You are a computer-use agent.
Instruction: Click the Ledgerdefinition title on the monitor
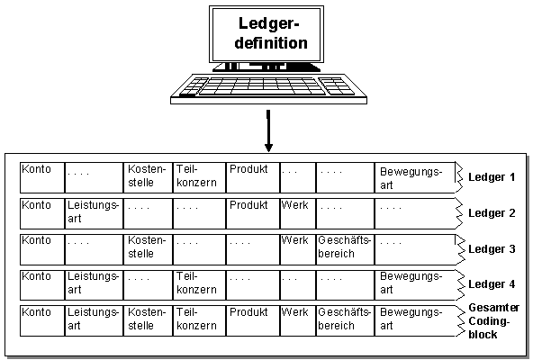tap(271, 33)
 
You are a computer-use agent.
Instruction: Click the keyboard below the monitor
tap(268, 89)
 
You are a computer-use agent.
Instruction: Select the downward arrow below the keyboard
tap(268, 130)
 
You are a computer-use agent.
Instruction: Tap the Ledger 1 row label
tap(492, 177)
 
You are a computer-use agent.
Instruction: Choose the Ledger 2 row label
tap(492, 213)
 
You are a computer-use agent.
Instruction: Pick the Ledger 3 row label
tap(492, 249)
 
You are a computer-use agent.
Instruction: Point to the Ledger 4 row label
tap(492, 284)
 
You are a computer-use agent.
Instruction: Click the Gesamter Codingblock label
tap(493, 321)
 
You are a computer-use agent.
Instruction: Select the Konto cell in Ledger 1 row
tap(42, 178)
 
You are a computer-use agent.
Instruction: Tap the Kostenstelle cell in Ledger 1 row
tap(148, 178)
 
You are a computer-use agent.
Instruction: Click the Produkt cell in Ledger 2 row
tap(253, 214)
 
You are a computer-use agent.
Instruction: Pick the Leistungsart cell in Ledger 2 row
tap(94, 214)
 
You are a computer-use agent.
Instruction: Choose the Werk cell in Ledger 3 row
tap(298, 249)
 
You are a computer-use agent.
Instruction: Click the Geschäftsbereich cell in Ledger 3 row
tap(345, 249)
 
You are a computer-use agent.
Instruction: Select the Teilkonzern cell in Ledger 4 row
tap(199, 285)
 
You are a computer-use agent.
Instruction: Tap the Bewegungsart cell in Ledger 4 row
tap(415, 285)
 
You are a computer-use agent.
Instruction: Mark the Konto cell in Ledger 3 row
tap(42, 249)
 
